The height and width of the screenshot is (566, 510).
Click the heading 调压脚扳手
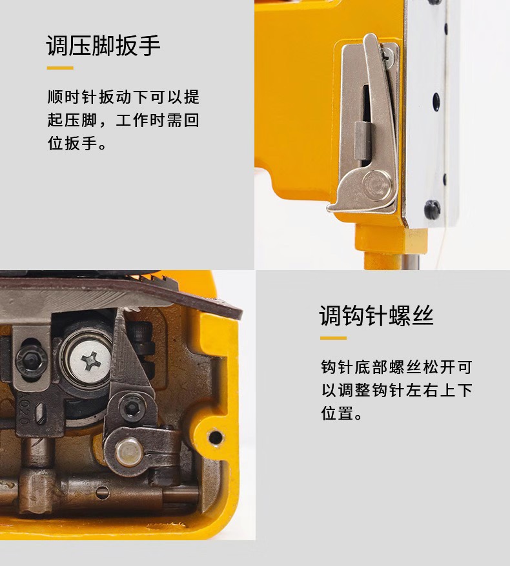[103, 46]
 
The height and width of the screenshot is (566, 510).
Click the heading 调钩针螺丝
[376, 316]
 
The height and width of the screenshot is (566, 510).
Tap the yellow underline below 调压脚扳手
[60, 68]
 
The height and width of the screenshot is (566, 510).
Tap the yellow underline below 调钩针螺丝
[333, 338]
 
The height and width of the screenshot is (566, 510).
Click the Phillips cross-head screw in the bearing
[89, 362]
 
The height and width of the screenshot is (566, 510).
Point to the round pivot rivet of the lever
[377, 186]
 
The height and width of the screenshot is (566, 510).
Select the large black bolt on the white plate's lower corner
[433, 209]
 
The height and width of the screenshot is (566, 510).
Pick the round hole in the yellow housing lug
[216, 438]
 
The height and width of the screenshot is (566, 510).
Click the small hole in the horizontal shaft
[102, 493]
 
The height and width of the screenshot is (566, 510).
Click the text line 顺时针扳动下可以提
[123, 97]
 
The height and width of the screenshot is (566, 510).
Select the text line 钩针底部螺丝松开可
[396, 367]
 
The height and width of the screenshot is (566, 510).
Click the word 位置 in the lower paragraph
[338, 413]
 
